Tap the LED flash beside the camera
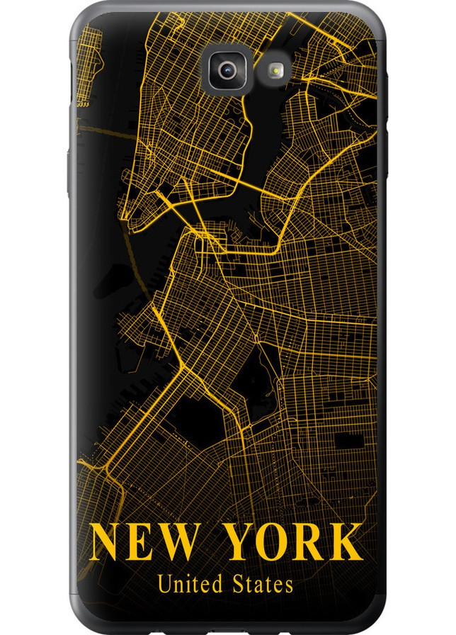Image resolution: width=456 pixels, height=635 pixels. pos(275,69)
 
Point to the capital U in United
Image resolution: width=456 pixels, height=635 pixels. pos(164,585)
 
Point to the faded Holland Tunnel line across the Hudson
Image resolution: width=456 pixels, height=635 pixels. pos(99,128)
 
